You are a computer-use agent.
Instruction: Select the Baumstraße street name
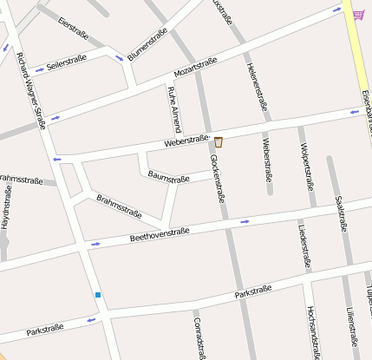click(x=168, y=178)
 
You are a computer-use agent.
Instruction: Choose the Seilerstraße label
click(x=67, y=64)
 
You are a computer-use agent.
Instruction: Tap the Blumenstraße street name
click(x=147, y=44)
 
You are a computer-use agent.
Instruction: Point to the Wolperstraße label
click(x=306, y=165)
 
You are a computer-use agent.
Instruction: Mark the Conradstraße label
click(x=199, y=334)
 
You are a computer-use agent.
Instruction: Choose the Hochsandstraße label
click(x=310, y=331)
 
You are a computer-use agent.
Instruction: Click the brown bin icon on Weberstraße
click(x=219, y=141)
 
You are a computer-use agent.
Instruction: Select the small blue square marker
click(x=98, y=295)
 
